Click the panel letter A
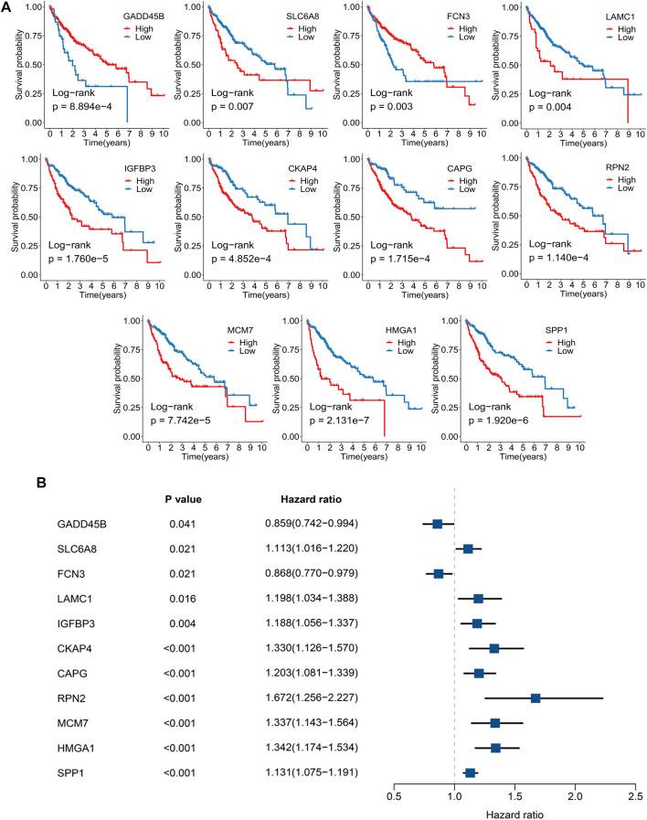(x=7, y=7)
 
